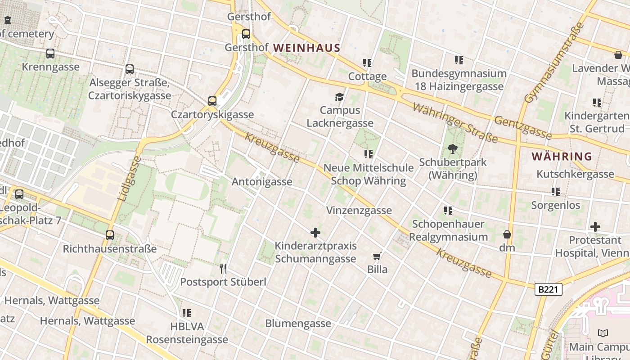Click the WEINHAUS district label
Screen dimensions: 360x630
(306, 48)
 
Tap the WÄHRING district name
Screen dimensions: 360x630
(562, 157)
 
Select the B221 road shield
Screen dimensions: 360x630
(549, 289)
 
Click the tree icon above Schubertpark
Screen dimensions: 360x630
(453, 148)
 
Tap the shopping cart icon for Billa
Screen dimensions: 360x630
(377, 256)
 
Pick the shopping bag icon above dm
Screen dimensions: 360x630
(507, 234)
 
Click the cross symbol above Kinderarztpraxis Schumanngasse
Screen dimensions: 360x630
(315, 233)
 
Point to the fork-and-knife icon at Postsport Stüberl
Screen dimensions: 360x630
(223, 269)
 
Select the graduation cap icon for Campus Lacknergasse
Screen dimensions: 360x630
(340, 97)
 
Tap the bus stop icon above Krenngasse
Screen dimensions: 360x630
(50, 54)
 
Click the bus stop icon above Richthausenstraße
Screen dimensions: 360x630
(110, 235)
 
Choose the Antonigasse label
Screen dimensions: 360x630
(262, 182)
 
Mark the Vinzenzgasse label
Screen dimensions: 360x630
(359, 210)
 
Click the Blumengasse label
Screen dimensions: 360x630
(298, 323)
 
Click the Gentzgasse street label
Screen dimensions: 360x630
(522, 127)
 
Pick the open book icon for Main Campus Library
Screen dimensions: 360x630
(603, 333)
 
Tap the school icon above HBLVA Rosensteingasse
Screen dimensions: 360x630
(187, 313)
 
